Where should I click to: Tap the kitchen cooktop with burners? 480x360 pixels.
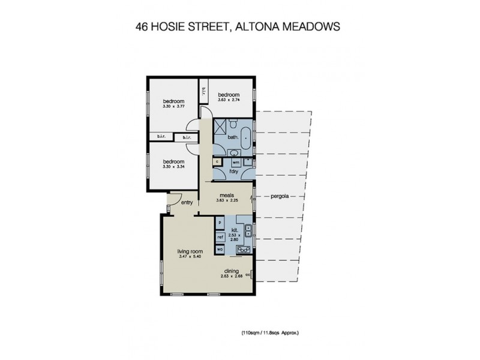(243, 250)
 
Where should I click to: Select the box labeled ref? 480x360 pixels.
(220, 237)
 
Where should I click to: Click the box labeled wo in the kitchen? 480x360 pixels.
(220, 249)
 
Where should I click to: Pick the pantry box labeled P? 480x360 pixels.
(220, 223)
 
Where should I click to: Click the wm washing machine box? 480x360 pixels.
(236, 162)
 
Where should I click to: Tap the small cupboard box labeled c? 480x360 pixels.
(216, 162)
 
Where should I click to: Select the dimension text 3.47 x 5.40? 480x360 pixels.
(189, 257)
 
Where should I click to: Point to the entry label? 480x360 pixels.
(187, 203)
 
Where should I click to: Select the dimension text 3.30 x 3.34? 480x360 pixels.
(173, 167)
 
